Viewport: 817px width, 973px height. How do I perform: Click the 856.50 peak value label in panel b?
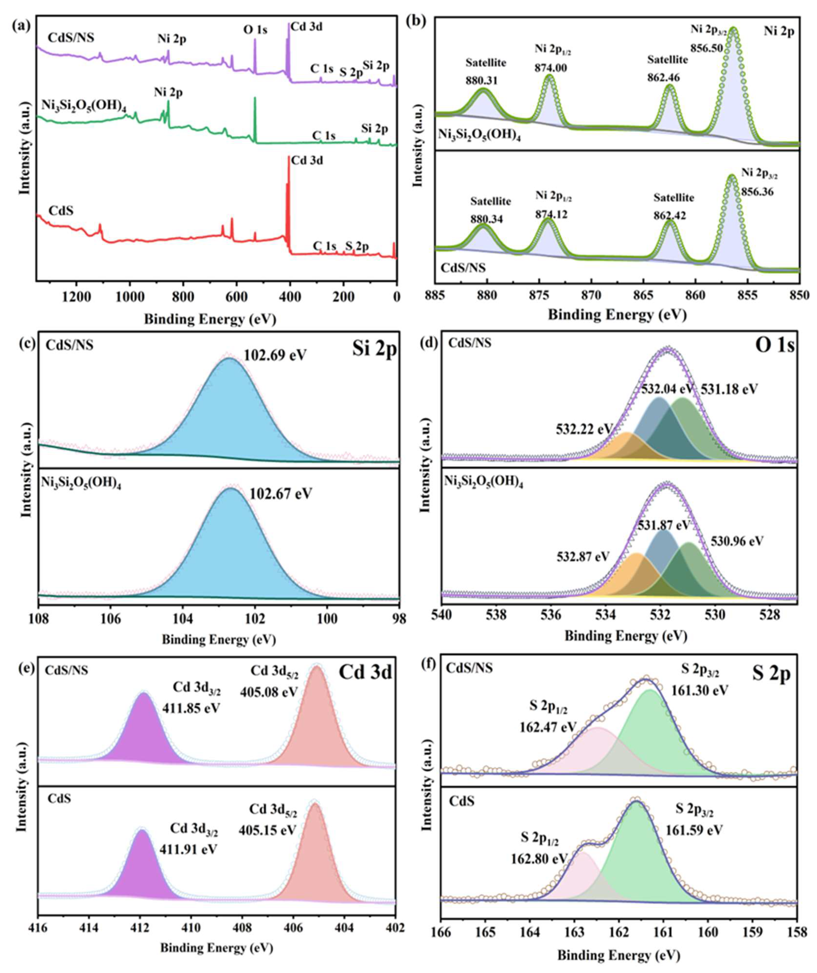point(707,48)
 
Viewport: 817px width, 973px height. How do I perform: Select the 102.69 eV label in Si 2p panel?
point(275,355)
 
